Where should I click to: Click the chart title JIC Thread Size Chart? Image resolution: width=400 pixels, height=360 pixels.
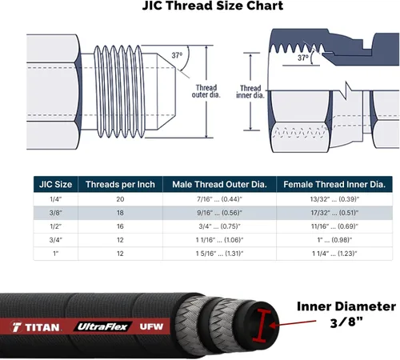coord(213,6)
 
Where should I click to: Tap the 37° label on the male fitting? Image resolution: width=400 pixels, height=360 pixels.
coord(177,55)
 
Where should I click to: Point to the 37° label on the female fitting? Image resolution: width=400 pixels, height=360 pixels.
coord(303,58)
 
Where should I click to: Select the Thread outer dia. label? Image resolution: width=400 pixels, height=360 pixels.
coord(206,91)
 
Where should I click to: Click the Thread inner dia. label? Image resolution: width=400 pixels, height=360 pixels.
coord(250,92)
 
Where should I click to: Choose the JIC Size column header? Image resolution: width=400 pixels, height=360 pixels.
coord(55,184)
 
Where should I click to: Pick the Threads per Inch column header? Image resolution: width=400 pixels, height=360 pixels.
coord(120,184)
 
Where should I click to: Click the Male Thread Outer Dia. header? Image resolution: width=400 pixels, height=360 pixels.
coord(219,184)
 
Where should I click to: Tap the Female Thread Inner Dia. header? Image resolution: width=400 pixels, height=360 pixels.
coord(334,184)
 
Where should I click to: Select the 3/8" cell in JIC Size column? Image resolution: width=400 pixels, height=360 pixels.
coord(56,213)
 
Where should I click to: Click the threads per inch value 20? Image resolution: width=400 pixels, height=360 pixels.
coord(120,199)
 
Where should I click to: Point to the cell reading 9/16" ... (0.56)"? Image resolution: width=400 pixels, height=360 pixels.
coord(219,213)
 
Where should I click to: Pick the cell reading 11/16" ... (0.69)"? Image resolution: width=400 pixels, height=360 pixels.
coord(334,226)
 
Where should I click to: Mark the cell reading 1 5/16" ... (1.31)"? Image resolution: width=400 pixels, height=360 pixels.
coord(219,254)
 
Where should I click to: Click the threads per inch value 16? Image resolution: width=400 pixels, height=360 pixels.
coord(120,226)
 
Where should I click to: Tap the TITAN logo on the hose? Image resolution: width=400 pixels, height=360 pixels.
coord(36,327)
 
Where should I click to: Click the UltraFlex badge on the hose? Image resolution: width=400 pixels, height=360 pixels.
coord(102,326)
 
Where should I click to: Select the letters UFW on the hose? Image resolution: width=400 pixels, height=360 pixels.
coord(151,326)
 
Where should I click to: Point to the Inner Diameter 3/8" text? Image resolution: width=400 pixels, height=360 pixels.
coord(346,314)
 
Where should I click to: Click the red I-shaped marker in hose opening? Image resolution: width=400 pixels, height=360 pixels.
coord(261,326)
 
